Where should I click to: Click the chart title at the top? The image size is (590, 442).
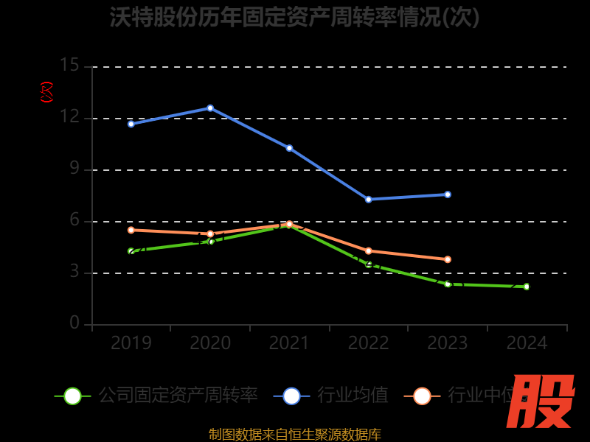point(294,17)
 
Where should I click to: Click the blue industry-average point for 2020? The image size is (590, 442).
point(210,108)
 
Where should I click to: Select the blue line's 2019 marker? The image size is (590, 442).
point(131,124)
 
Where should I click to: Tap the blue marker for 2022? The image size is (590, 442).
point(369,200)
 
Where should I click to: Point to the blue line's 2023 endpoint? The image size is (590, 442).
point(448,194)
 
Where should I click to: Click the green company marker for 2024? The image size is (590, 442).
point(527,287)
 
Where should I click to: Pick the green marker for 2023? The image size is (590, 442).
point(448,284)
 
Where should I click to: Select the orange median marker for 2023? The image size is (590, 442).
point(448,259)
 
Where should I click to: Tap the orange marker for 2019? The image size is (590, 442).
point(131,230)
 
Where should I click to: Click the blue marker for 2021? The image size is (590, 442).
point(289,148)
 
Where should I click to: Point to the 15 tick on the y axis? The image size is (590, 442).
point(69,66)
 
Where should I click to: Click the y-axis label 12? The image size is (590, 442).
point(69,117)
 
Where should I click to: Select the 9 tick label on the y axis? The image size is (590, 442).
point(74,169)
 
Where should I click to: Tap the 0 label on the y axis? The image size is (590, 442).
point(74,323)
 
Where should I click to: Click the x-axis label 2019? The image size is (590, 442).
point(131,343)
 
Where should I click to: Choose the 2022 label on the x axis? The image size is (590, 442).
point(369,343)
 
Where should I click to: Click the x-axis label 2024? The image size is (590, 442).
point(527,343)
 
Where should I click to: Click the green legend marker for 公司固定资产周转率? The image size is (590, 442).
point(72,396)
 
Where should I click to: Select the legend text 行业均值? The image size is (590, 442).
point(353,396)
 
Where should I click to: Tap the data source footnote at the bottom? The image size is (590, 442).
point(294,435)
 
